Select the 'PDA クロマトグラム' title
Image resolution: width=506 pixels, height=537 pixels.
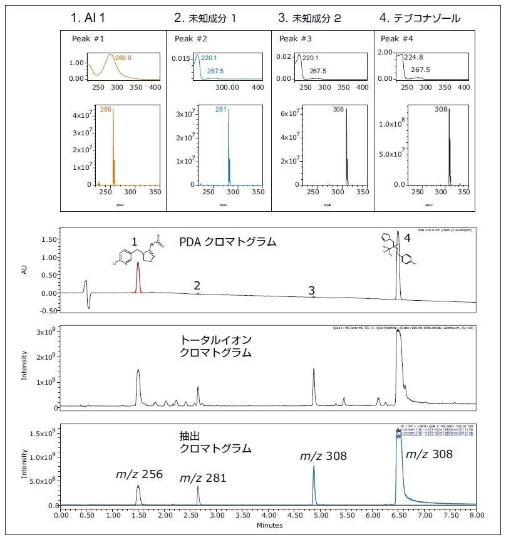click(x=228, y=241)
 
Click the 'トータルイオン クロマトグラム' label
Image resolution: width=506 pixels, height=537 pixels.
click(x=216, y=345)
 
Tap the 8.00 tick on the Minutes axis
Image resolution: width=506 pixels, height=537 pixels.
click(x=477, y=515)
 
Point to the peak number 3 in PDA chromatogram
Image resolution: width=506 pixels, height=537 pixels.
click(x=311, y=290)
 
